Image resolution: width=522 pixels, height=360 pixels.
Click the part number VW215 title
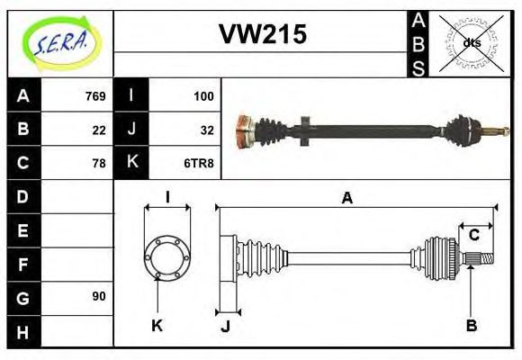[263, 34]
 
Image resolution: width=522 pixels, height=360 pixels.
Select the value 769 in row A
[94, 96]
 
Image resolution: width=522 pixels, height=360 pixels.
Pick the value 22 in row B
[99, 130]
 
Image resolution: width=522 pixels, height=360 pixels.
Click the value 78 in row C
[99, 163]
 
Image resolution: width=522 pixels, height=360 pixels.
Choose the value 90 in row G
[99, 296]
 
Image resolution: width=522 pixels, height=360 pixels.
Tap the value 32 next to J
[206, 130]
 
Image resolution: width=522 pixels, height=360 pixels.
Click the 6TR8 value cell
[200, 163]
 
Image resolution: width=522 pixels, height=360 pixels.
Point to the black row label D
[23, 196]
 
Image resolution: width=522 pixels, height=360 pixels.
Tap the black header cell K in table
[131, 163]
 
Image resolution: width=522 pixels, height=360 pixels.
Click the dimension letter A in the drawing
[346, 198]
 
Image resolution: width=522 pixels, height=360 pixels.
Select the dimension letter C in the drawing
[473, 235]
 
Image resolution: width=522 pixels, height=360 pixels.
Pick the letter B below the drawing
[471, 325]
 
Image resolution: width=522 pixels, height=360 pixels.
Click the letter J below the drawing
[225, 326]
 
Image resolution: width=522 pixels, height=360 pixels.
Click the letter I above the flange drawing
[166, 198]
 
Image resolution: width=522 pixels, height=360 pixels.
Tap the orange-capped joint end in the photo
[242, 131]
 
